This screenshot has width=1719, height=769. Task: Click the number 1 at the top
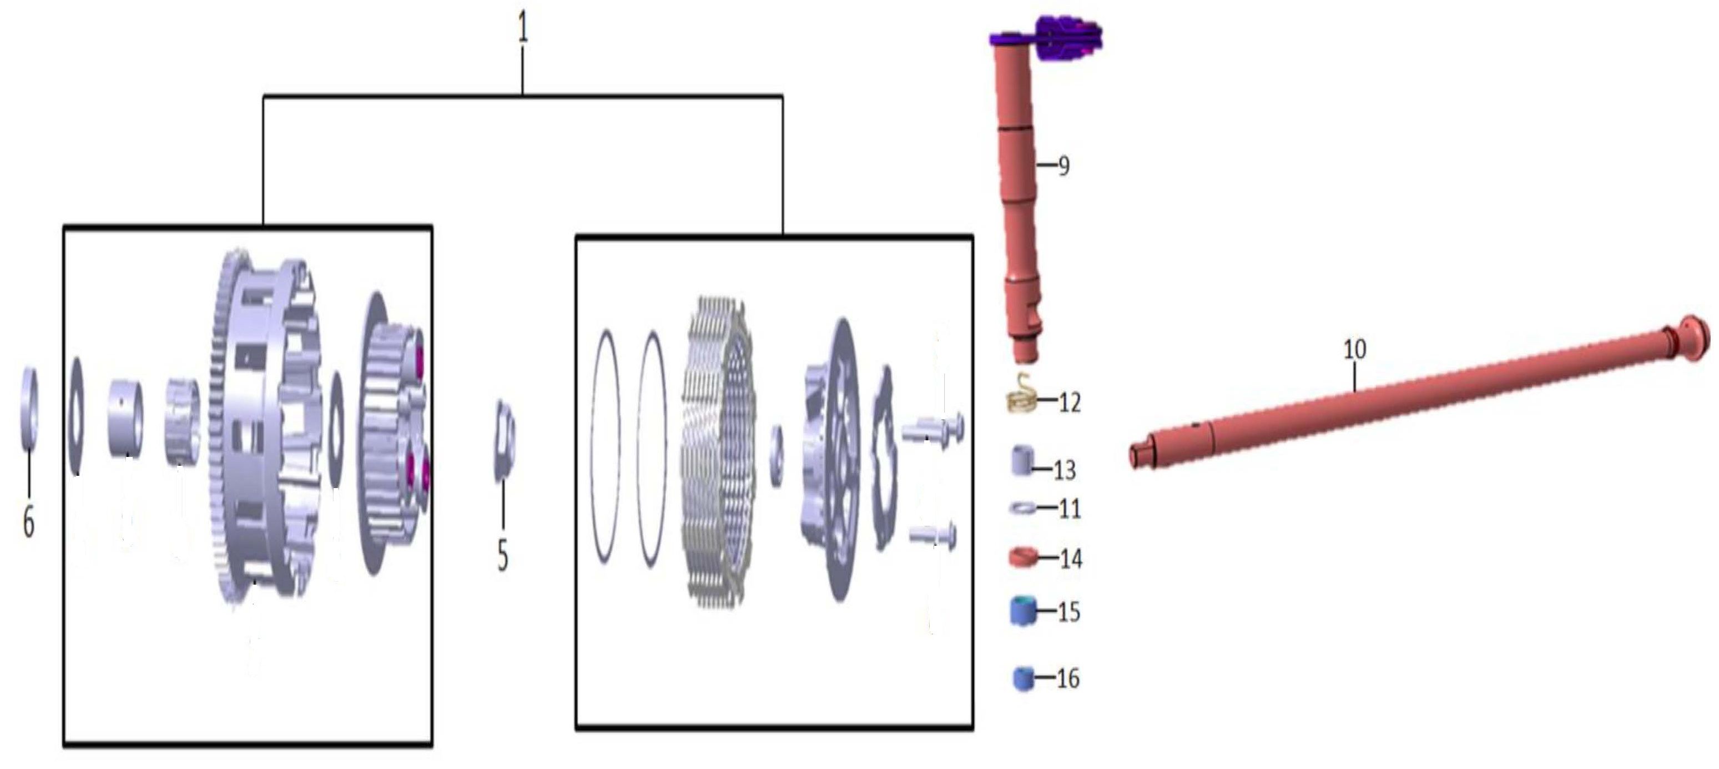522,29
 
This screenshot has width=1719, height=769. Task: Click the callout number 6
29,521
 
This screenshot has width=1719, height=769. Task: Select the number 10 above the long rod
1355,349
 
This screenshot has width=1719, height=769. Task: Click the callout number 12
1069,403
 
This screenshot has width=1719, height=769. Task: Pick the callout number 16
1068,678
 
